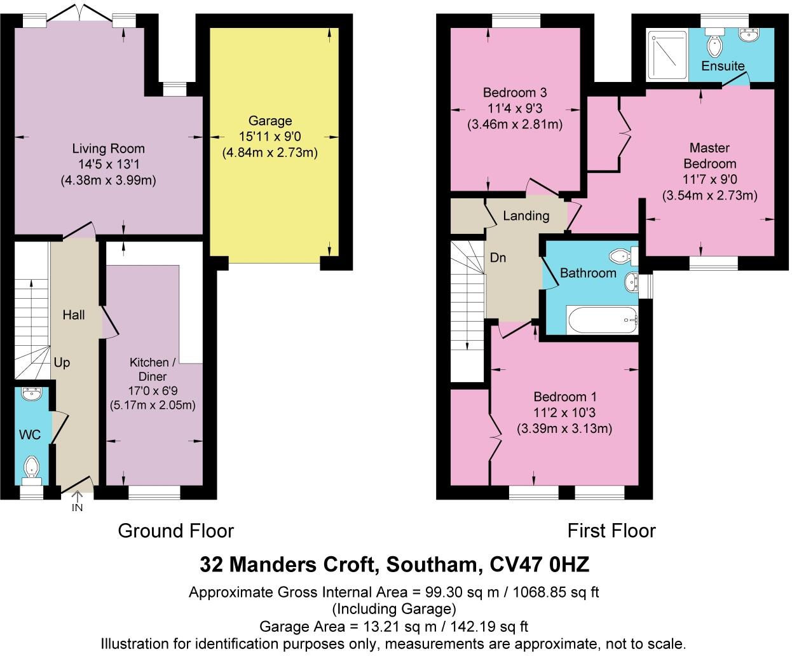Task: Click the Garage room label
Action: pos(270,121)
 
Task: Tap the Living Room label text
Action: pos(108,149)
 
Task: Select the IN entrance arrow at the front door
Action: pos(77,502)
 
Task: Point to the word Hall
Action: pos(74,315)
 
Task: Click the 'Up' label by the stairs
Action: pos(62,362)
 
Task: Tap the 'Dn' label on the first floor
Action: pos(498,257)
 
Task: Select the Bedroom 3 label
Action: pos(514,93)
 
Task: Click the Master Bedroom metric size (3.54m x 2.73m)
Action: pos(709,195)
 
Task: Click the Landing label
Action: pos(526,215)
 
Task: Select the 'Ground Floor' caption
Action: pos(176,531)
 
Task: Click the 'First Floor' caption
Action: pos(611,531)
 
